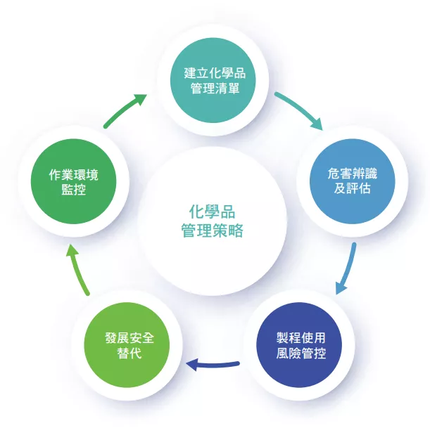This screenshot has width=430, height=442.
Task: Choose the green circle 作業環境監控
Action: tap(74, 181)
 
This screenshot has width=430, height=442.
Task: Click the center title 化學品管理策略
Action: tap(212, 221)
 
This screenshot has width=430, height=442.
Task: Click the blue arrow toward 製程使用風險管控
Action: tap(346, 268)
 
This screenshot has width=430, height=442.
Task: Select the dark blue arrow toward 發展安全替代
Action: tap(213, 365)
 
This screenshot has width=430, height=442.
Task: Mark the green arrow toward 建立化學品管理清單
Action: tap(126, 111)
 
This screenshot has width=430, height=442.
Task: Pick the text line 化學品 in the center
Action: tap(212, 212)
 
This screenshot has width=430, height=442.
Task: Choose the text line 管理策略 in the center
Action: tap(212, 230)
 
